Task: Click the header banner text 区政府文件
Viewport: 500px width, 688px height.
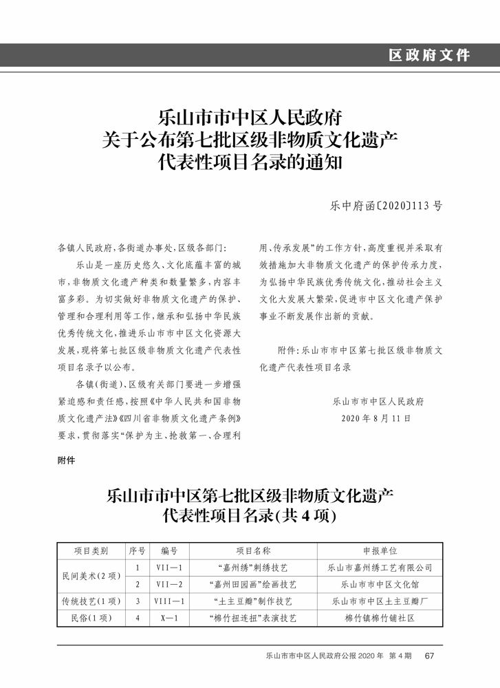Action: point(428,55)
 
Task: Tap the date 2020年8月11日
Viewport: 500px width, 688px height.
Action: point(376,418)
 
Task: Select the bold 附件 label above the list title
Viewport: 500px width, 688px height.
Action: point(66,461)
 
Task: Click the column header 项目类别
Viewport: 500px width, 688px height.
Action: point(91,551)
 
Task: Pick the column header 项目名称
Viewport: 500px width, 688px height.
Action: point(253,551)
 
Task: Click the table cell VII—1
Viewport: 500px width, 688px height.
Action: point(169,568)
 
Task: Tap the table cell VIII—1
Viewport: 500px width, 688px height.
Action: point(169,601)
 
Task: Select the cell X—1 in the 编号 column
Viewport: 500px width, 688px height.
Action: point(169,618)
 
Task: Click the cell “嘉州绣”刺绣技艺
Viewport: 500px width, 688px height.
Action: point(253,568)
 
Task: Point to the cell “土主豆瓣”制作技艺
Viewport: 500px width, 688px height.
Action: point(253,601)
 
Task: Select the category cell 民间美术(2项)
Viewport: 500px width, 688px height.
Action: point(91,576)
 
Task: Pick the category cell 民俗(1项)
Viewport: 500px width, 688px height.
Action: point(91,618)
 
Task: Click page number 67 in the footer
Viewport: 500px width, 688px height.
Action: point(430,656)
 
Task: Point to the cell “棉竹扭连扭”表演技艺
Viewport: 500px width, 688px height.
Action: point(253,618)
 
